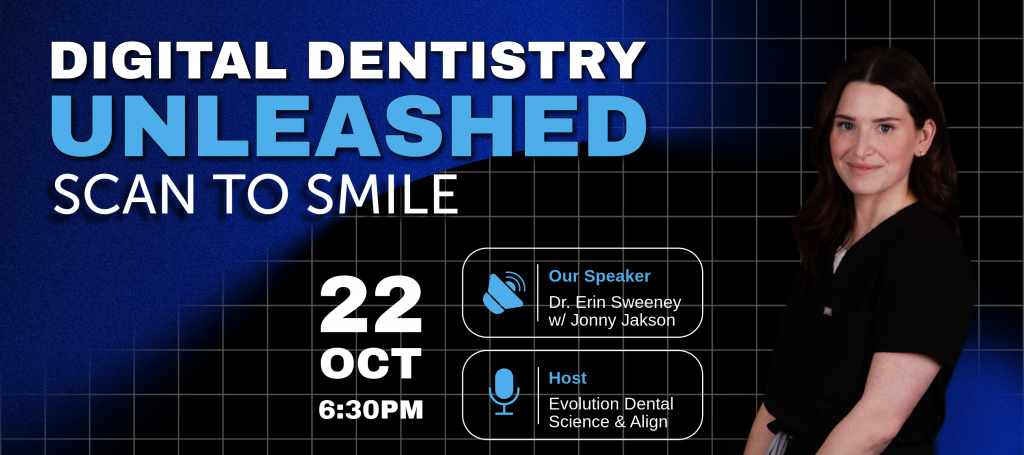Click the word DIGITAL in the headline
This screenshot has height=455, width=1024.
(x=169, y=60)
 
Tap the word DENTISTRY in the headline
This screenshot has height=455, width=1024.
(x=477, y=60)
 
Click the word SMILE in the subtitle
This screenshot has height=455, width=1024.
(x=383, y=194)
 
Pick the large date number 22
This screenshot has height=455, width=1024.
(x=370, y=305)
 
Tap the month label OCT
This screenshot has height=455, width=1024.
(x=370, y=364)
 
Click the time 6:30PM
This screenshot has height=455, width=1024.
(x=371, y=410)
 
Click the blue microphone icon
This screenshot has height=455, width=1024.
(x=504, y=392)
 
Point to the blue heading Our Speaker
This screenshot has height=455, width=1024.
(x=599, y=276)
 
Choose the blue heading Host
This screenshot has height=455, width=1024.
(x=567, y=378)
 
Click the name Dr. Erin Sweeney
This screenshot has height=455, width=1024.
(x=615, y=302)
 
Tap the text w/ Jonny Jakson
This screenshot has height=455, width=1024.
(x=611, y=320)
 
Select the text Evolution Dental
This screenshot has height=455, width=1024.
(x=611, y=404)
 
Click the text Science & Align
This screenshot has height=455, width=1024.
(x=608, y=422)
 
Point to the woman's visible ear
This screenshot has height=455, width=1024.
(x=922, y=144)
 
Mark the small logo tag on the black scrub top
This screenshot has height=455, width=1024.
(x=827, y=311)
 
